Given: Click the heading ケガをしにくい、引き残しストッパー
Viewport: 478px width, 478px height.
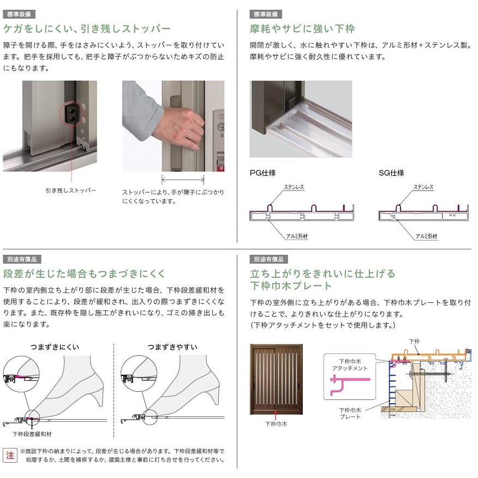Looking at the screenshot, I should click(x=87, y=28).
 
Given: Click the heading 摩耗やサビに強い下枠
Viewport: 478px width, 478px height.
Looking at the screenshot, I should click(x=302, y=28).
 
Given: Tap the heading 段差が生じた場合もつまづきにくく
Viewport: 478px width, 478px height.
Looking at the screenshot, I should click(x=84, y=273).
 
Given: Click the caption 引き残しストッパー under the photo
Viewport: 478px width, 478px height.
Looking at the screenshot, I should click(x=71, y=190).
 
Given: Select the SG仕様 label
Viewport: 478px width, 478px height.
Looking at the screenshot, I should click(x=391, y=173).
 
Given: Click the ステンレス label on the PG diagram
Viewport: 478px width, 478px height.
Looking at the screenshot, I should click(x=294, y=187).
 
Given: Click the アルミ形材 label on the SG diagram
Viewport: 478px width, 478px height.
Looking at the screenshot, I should click(x=427, y=236).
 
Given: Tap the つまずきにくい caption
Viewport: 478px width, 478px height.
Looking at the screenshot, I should click(x=55, y=347).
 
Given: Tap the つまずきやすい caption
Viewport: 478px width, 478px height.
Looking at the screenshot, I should click(x=172, y=347).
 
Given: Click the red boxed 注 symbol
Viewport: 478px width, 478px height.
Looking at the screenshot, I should click(x=10, y=455).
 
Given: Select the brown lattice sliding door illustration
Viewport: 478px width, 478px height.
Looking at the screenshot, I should click(x=276, y=380).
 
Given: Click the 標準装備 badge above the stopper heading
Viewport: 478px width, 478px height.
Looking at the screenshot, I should click(x=19, y=14).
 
